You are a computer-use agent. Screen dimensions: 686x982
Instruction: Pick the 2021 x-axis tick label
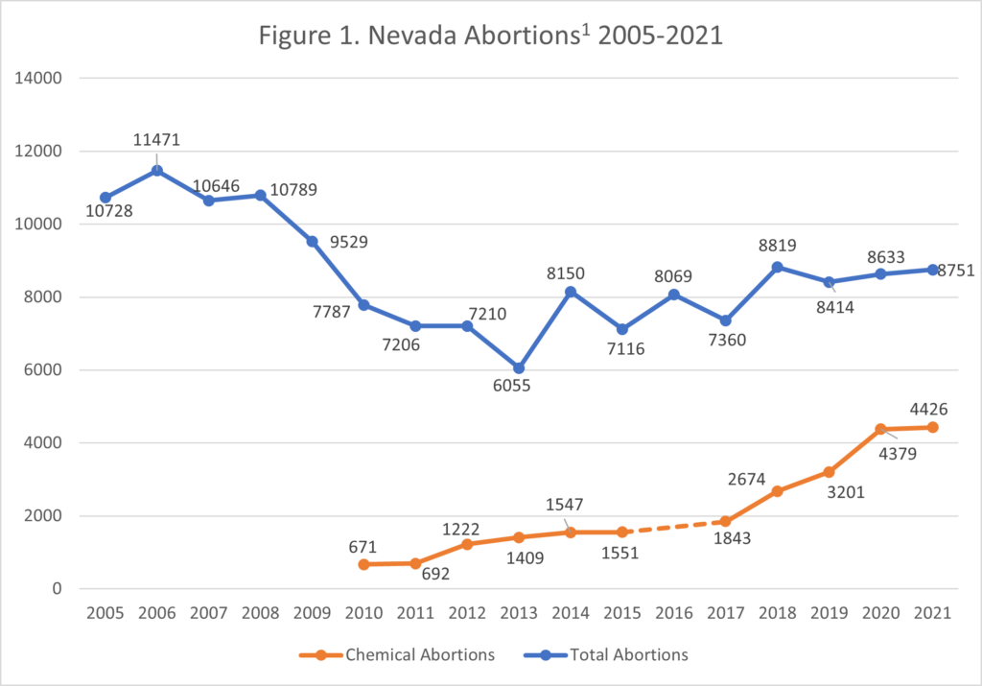[x=931, y=613]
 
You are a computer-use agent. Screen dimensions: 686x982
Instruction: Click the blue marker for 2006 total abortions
[x=157, y=171]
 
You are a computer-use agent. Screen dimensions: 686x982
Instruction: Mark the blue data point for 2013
[x=518, y=368]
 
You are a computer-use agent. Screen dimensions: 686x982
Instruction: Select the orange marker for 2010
[x=363, y=564]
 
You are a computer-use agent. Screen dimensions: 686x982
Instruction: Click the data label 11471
[x=157, y=140]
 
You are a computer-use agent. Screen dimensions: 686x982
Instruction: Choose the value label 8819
[x=778, y=245]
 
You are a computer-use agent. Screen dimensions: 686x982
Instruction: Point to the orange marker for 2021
[x=931, y=427]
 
